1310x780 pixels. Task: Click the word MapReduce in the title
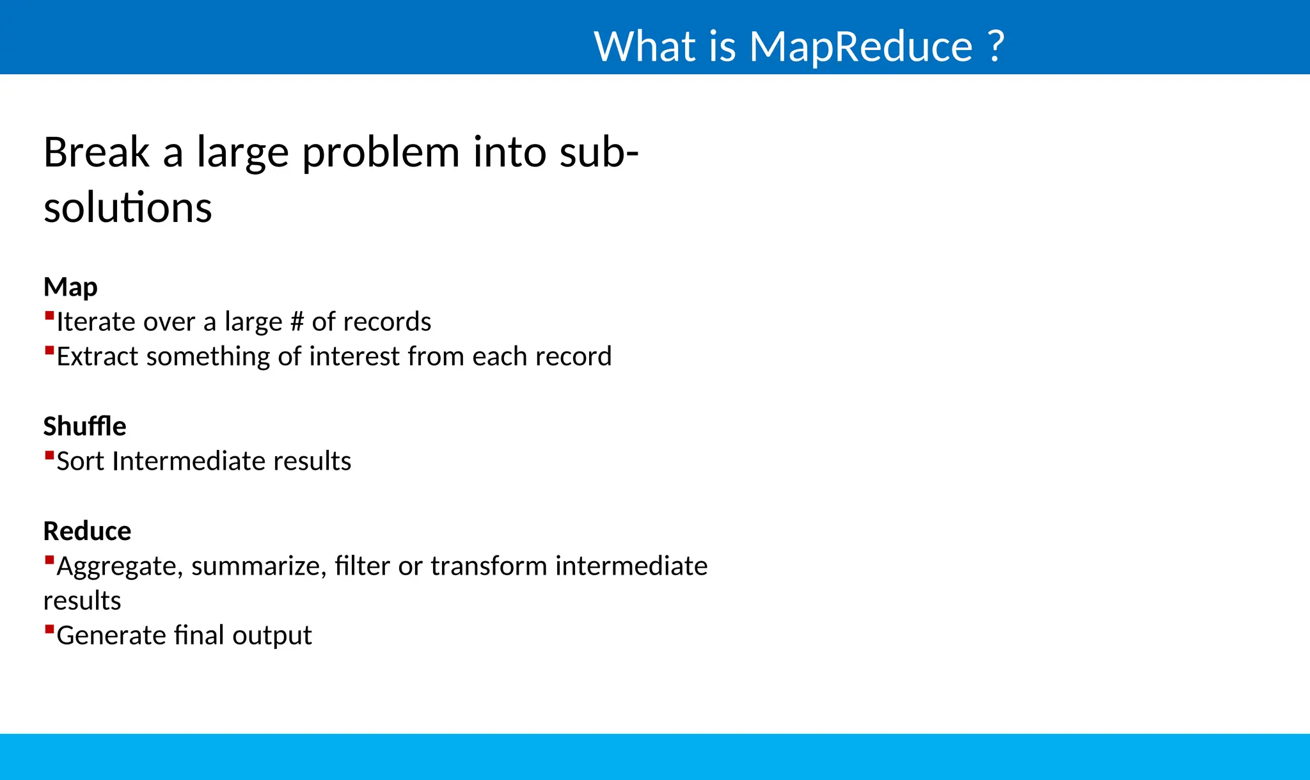pyautogui.click(x=860, y=46)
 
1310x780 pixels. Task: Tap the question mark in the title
pyautogui.click(x=995, y=46)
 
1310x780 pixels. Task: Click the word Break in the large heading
pyautogui.click(x=96, y=152)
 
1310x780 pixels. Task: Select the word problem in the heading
pyautogui.click(x=381, y=154)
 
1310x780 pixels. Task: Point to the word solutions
pyautogui.click(x=127, y=208)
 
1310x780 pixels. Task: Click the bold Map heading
pyautogui.click(x=70, y=287)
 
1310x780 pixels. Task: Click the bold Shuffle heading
pyautogui.click(x=84, y=426)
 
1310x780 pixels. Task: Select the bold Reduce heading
pyautogui.click(x=87, y=531)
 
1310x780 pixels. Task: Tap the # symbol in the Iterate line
pyautogui.click(x=296, y=322)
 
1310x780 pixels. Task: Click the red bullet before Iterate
pyautogui.click(x=49, y=315)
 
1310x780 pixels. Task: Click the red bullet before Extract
pyautogui.click(x=49, y=350)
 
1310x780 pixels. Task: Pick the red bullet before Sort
pyautogui.click(x=49, y=455)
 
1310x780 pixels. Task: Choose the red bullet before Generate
pyautogui.click(x=49, y=629)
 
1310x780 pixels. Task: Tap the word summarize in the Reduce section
pyautogui.click(x=258, y=566)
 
